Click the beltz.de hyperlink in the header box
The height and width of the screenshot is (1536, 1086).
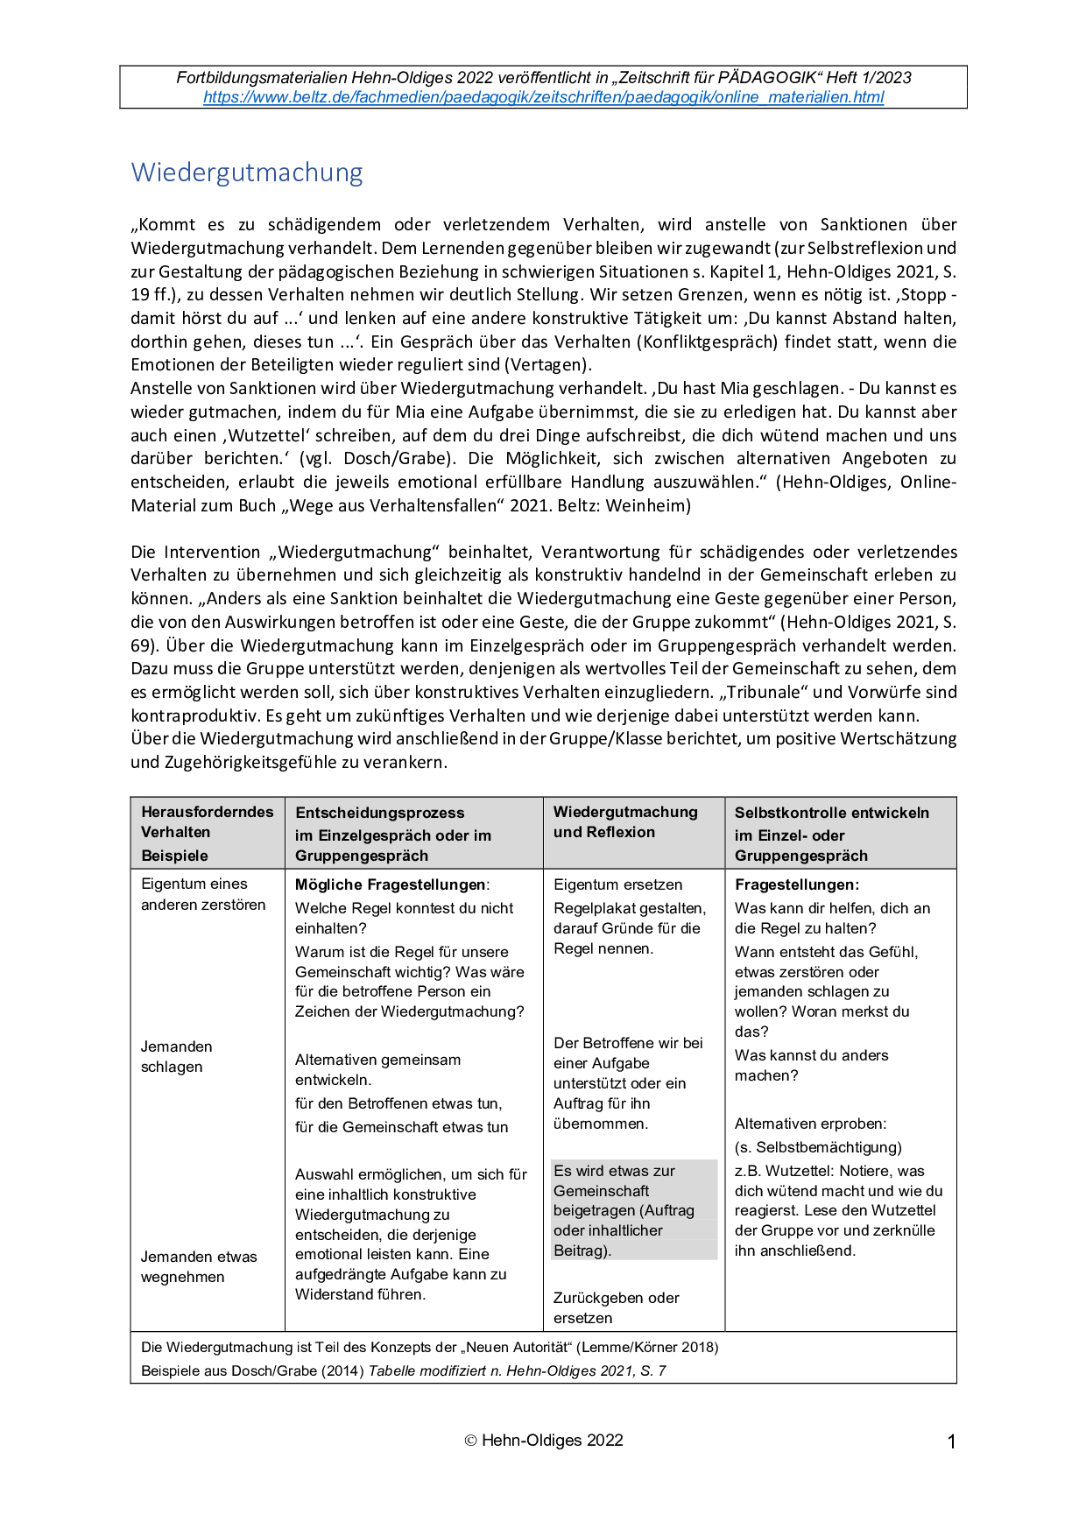coord(543,97)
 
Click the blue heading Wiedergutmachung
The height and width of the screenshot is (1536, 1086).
coord(247,173)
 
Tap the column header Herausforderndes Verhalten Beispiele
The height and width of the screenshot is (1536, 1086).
coord(207,833)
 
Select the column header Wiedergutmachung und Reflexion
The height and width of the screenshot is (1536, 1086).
coord(625,822)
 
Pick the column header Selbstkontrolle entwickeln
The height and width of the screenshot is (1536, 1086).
coord(831,813)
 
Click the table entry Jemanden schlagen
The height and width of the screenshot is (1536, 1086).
coord(176,1057)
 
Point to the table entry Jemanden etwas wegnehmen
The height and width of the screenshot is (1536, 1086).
coord(199,1267)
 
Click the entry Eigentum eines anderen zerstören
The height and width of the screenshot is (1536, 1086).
coord(202,894)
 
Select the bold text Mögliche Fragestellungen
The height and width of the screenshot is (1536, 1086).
coord(391,884)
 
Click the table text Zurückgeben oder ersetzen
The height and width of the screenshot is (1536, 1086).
coord(616,1307)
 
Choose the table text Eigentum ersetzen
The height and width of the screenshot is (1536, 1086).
coord(617,884)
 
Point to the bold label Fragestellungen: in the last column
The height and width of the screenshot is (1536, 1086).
coord(796,884)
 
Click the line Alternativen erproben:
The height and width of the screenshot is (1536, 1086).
coord(810,1124)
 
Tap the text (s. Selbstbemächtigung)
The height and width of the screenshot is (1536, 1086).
coord(818,1147)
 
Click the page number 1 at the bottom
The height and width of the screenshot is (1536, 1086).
coord(951,1441)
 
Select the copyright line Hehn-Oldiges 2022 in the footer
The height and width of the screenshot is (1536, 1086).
coord(544,1441)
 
